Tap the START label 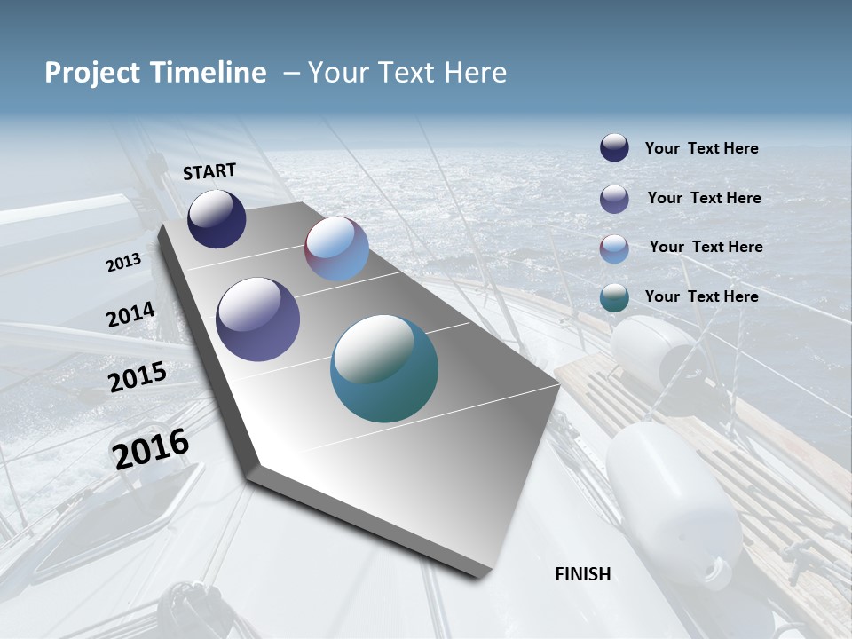click(209, 171)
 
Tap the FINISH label click(583, 574)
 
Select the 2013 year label click(123, 263)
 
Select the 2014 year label click(131, 315)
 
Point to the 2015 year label click(138, 377)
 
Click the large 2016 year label click(151, 448)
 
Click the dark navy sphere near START click(217, 218)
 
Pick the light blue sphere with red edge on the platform click(336, 248)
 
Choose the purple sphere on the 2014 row click(258, 319)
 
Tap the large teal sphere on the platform click(384, 368)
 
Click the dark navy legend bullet click(614, 148)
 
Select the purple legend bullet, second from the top click(614, 199)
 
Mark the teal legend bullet click(614, 297)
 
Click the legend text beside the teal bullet click(701, 296)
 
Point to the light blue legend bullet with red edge click(614, 248)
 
